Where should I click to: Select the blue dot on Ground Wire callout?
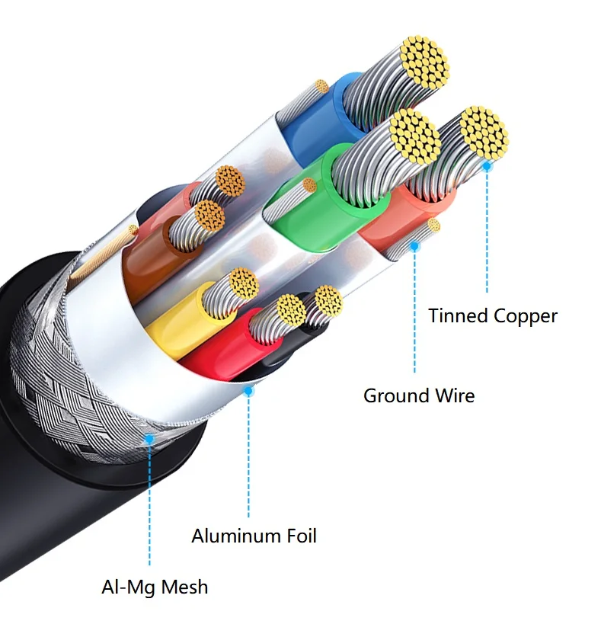pyautogui.click(x=415, y=246)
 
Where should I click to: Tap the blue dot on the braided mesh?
pyautogui.click(x=150, y=440)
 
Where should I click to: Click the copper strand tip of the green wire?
pyautogui.click(x=414, y=137)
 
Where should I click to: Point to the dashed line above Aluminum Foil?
pyautogui.click(x=248, y=457)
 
